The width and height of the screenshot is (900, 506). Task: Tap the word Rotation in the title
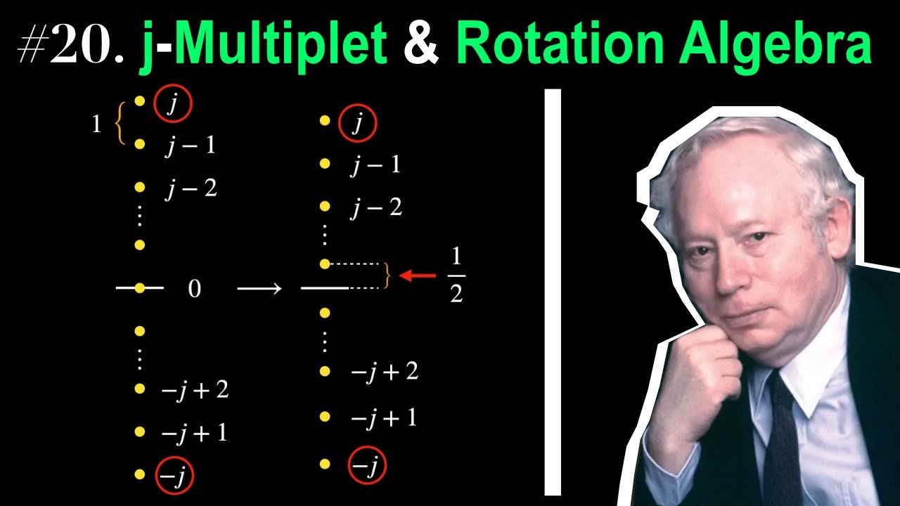(x=561, y=42)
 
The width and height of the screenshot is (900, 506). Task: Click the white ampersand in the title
(x=421, y=42)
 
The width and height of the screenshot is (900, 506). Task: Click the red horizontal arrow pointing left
(x=418, y=276)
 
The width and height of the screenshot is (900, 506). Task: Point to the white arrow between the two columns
(x=259, y=288)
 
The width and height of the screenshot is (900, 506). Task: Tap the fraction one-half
(x=456, y=275)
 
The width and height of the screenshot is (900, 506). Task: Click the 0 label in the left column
(x=195, y=289)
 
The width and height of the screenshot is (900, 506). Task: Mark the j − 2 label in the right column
(x=376, y=208)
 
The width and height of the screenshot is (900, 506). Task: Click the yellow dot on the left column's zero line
(x=140, y=288)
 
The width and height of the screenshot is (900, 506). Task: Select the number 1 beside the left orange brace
(x=96, y=124)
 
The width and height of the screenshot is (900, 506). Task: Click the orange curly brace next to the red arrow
(x=387, y=276)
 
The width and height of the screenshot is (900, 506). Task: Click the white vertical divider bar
(x=553, y=292)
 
